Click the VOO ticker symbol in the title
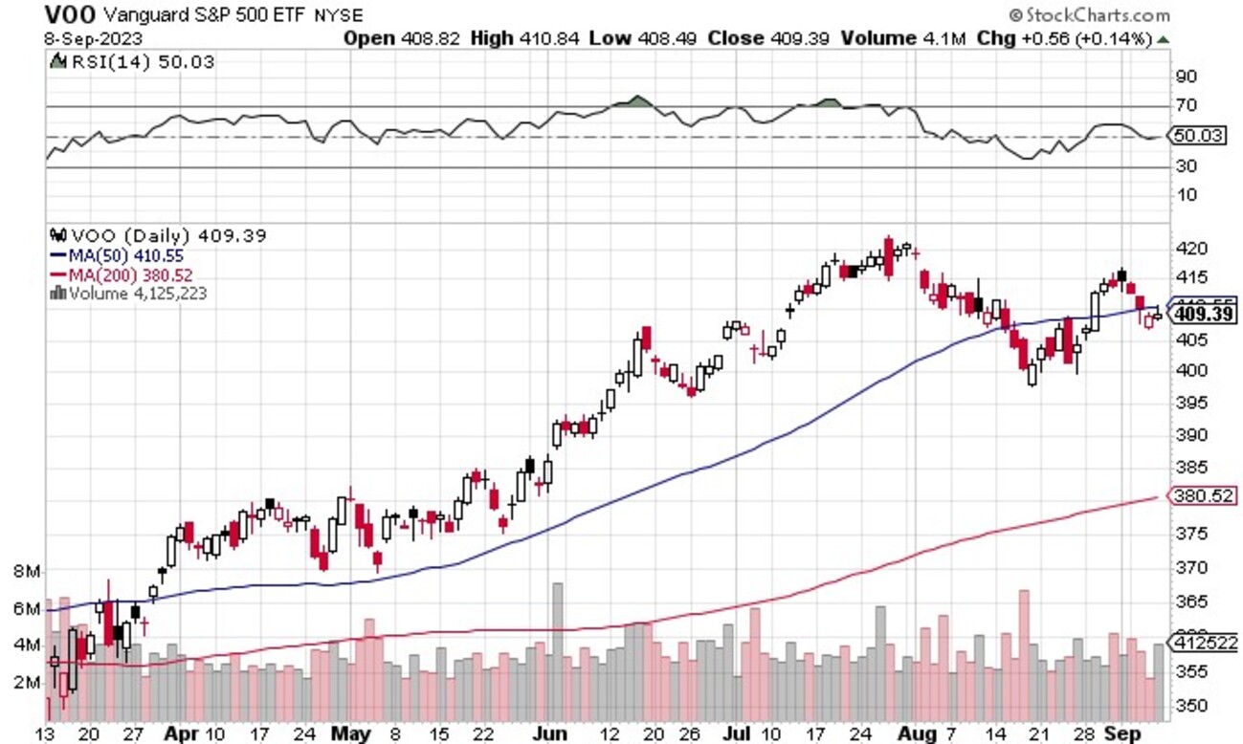[69, 14]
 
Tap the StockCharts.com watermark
[1090, 14]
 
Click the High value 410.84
[552, 39]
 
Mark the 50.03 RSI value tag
[1199, 136]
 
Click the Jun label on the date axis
[550, 734]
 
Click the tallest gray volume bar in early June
[557, 650]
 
